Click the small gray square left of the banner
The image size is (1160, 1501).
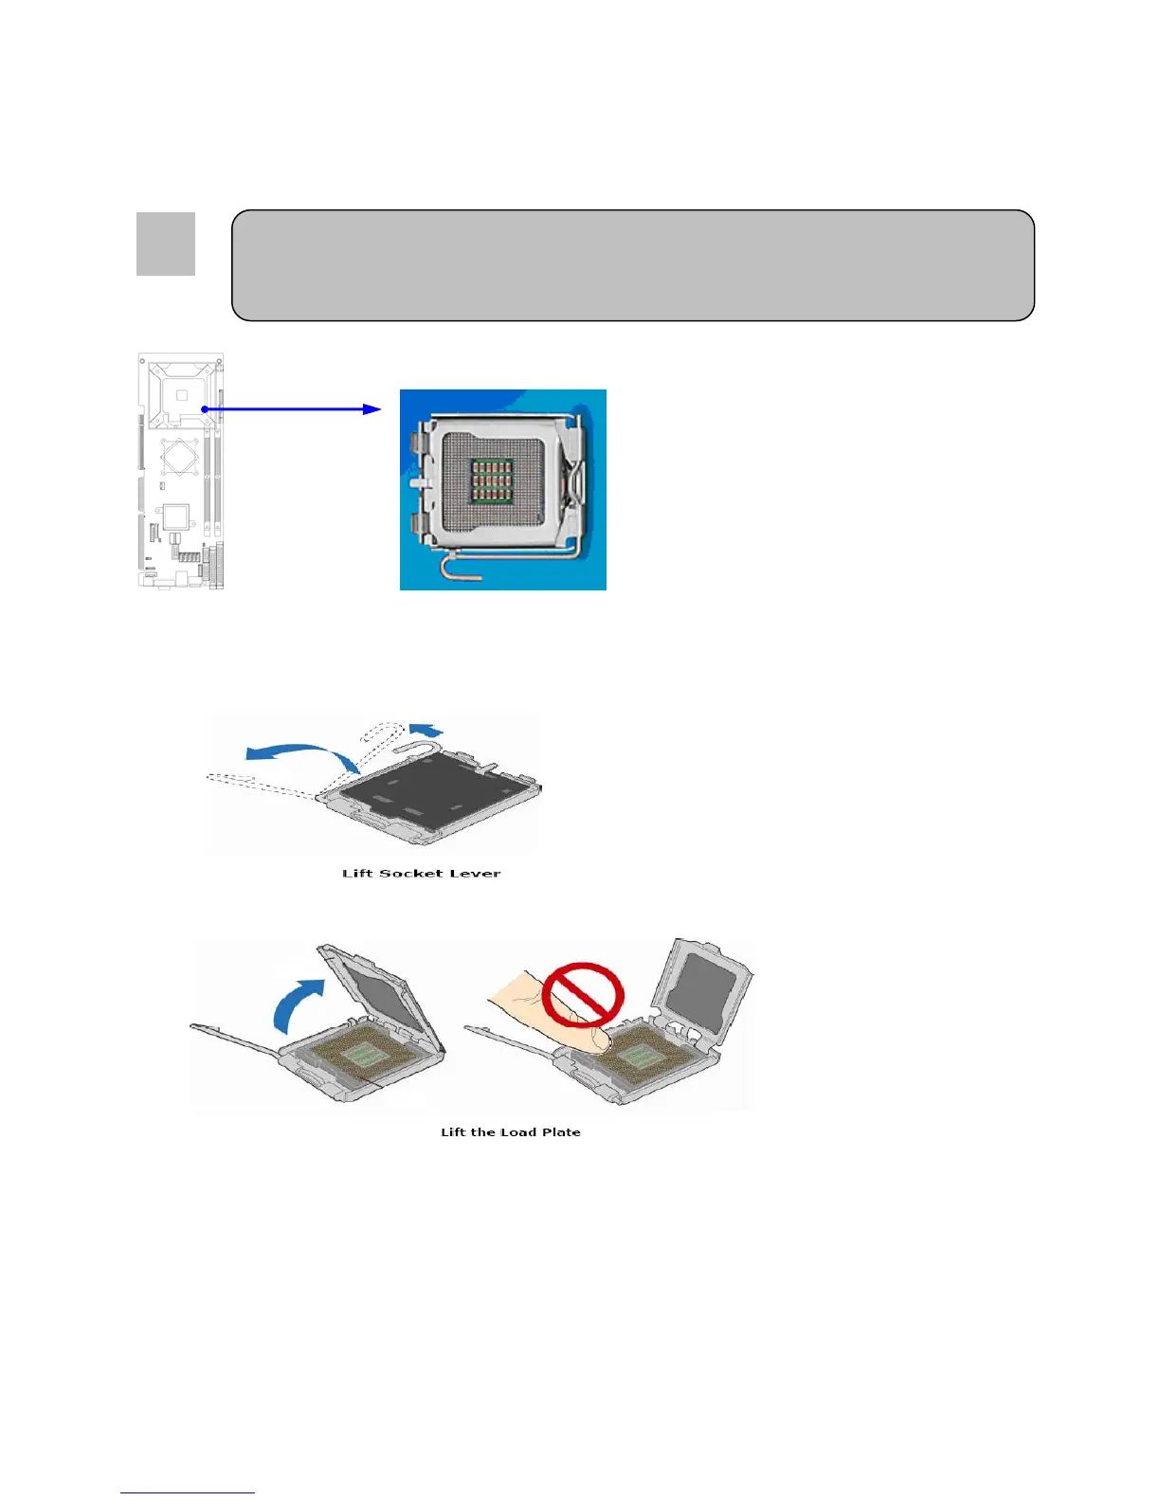(166, 244)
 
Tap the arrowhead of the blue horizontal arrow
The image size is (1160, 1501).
(372, 409)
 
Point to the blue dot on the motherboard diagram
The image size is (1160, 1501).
(204, 409)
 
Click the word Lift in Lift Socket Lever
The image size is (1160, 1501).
(357, 873)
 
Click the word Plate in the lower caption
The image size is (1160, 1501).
(561, 1131)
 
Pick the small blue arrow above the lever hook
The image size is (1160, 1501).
(426, 728)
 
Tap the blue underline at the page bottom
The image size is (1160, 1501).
(188, 1493)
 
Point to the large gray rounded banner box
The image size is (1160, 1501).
(633, 265)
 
